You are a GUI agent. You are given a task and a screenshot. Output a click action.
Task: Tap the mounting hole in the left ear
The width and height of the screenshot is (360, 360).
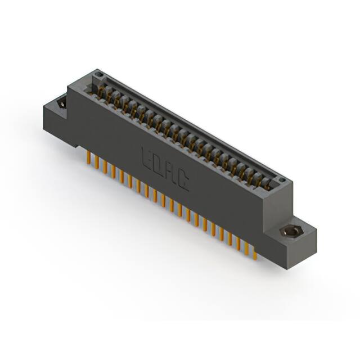point(61,102)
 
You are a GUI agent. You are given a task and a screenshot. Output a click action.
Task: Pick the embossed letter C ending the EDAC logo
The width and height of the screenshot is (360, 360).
point(183,181)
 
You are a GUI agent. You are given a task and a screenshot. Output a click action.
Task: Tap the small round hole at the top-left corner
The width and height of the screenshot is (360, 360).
point(98,74)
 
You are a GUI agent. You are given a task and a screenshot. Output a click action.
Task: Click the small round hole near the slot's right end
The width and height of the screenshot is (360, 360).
point(282,180)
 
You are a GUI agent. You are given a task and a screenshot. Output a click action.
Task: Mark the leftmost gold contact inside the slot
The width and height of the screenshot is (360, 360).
point(101,90)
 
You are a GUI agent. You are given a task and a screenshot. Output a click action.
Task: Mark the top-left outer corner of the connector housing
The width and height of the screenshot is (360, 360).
point(67,84)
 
